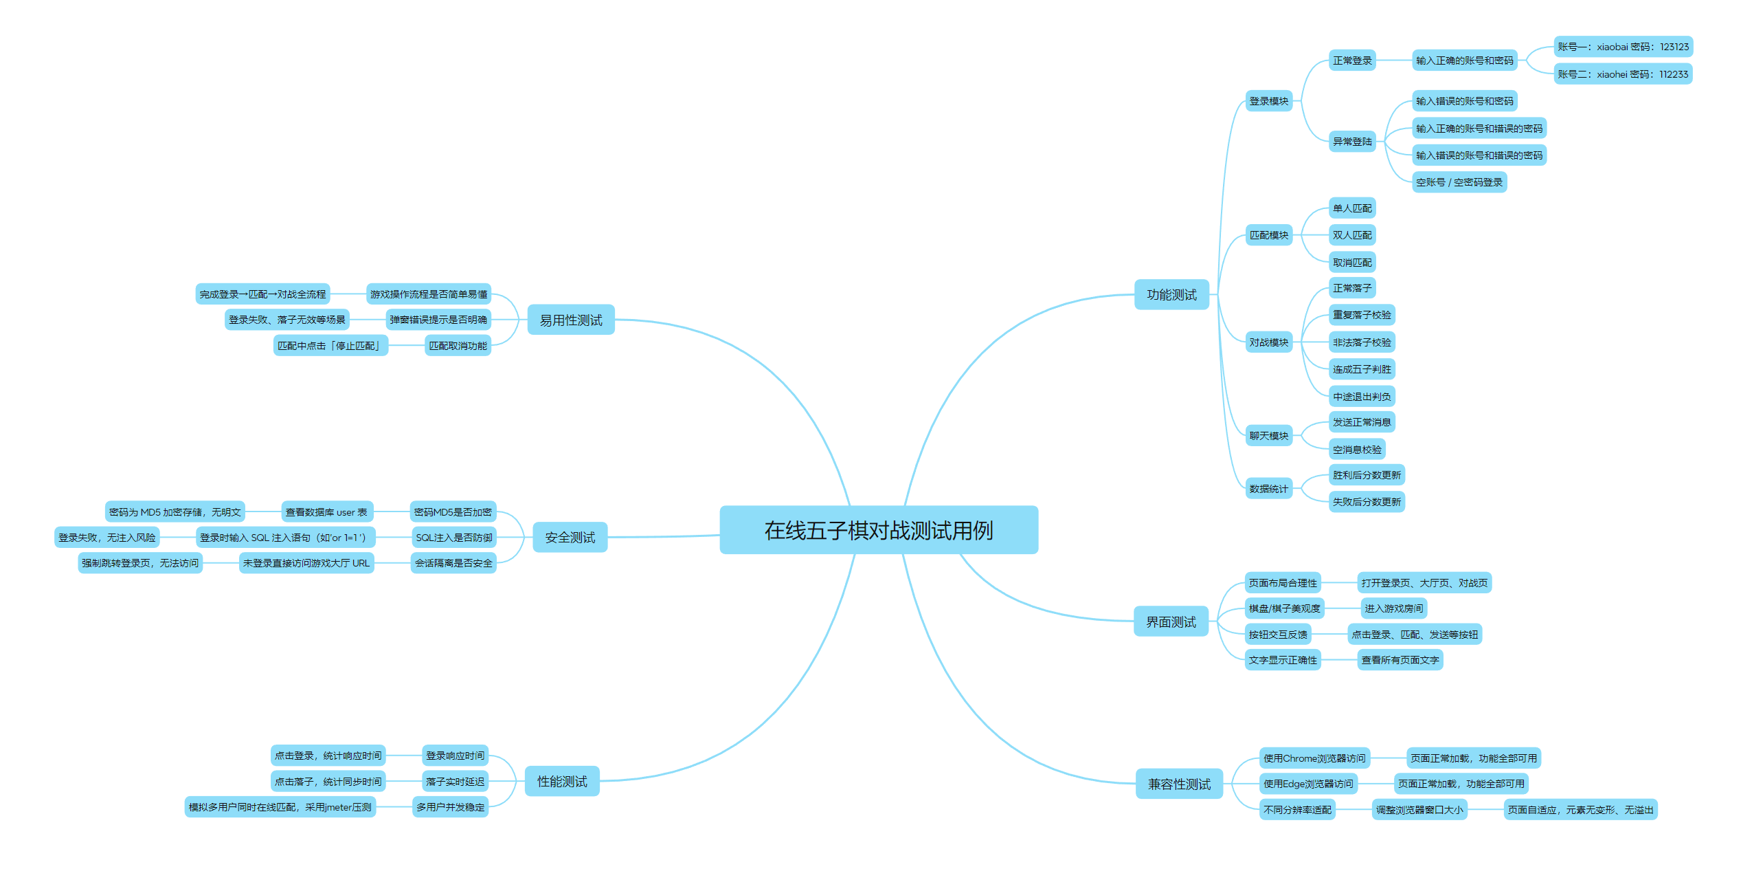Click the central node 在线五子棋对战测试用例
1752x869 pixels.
(x=878, y=530)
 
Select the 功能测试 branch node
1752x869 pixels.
(x=1171, y=295)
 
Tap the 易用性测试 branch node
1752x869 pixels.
(x=570, y=320)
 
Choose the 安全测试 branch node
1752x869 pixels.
(x=570, y=538)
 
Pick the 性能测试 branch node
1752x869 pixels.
(x=561, y=782)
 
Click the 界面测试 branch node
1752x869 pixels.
(x=1171, y=622)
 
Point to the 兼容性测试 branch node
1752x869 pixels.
(x=1179, y=784)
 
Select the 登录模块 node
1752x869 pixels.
(x=1268, y=101)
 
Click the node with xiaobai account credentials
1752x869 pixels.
(x=1623, y=47)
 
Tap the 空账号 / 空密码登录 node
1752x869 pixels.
(x=1459, y=182)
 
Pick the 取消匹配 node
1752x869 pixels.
(x=1351, y=263)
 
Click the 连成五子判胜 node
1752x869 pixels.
(x=1361, y=369)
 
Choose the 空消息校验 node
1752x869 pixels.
(x=1356, y=450)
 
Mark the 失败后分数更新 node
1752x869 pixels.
(x=1366, y=502)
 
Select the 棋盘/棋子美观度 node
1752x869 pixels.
(x=1283, y=608)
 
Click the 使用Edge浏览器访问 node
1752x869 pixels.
(x=1307, y=784)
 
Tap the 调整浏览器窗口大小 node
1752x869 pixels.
(x=1419, y=810)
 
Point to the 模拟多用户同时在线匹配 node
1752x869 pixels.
(x=280, y=807)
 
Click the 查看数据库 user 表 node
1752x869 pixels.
(x=326, y=512)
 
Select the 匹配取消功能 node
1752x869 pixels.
(x=458, y=346)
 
